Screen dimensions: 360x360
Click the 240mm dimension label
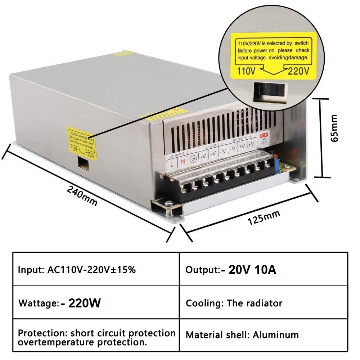point(82,196)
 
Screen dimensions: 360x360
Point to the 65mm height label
point(335,128)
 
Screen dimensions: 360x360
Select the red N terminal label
point(183,161)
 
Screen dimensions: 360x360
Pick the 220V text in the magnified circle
point(298,71)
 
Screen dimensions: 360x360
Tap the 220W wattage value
point(81,303)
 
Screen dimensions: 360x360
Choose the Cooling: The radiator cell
point(234,303)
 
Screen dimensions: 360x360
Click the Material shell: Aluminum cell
point(242,335)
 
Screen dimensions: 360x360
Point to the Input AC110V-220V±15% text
point(77,270)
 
